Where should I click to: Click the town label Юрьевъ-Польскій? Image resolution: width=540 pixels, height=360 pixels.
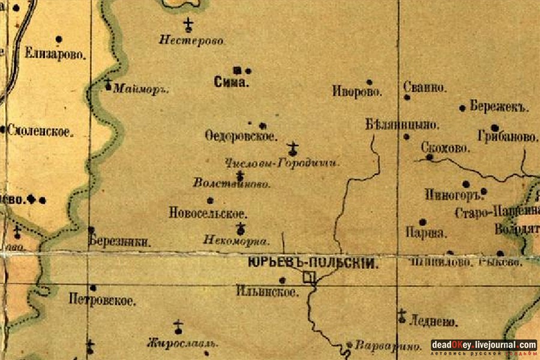313,263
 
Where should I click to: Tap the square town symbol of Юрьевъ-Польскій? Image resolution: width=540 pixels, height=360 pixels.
308,277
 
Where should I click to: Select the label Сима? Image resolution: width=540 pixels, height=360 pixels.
231,83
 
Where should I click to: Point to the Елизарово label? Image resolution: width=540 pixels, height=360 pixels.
56,53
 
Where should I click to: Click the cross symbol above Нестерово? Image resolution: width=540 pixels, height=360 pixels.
188,25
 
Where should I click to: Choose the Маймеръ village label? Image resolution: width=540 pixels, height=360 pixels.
141,89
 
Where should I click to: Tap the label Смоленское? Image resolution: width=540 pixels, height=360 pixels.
40,131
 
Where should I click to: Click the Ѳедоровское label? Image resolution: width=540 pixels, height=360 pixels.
241,137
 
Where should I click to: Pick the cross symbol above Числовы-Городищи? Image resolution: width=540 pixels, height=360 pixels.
292,148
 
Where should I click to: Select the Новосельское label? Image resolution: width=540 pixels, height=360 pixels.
208,213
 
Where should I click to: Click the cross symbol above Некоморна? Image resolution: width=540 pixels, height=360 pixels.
241,228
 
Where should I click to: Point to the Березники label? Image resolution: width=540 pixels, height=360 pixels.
119,242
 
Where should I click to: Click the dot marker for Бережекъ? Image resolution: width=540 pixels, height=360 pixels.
463,108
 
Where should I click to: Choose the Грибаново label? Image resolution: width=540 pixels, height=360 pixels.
508,137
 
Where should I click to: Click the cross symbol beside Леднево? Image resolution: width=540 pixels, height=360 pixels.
401,316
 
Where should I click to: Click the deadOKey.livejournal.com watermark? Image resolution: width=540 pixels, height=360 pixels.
484,345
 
